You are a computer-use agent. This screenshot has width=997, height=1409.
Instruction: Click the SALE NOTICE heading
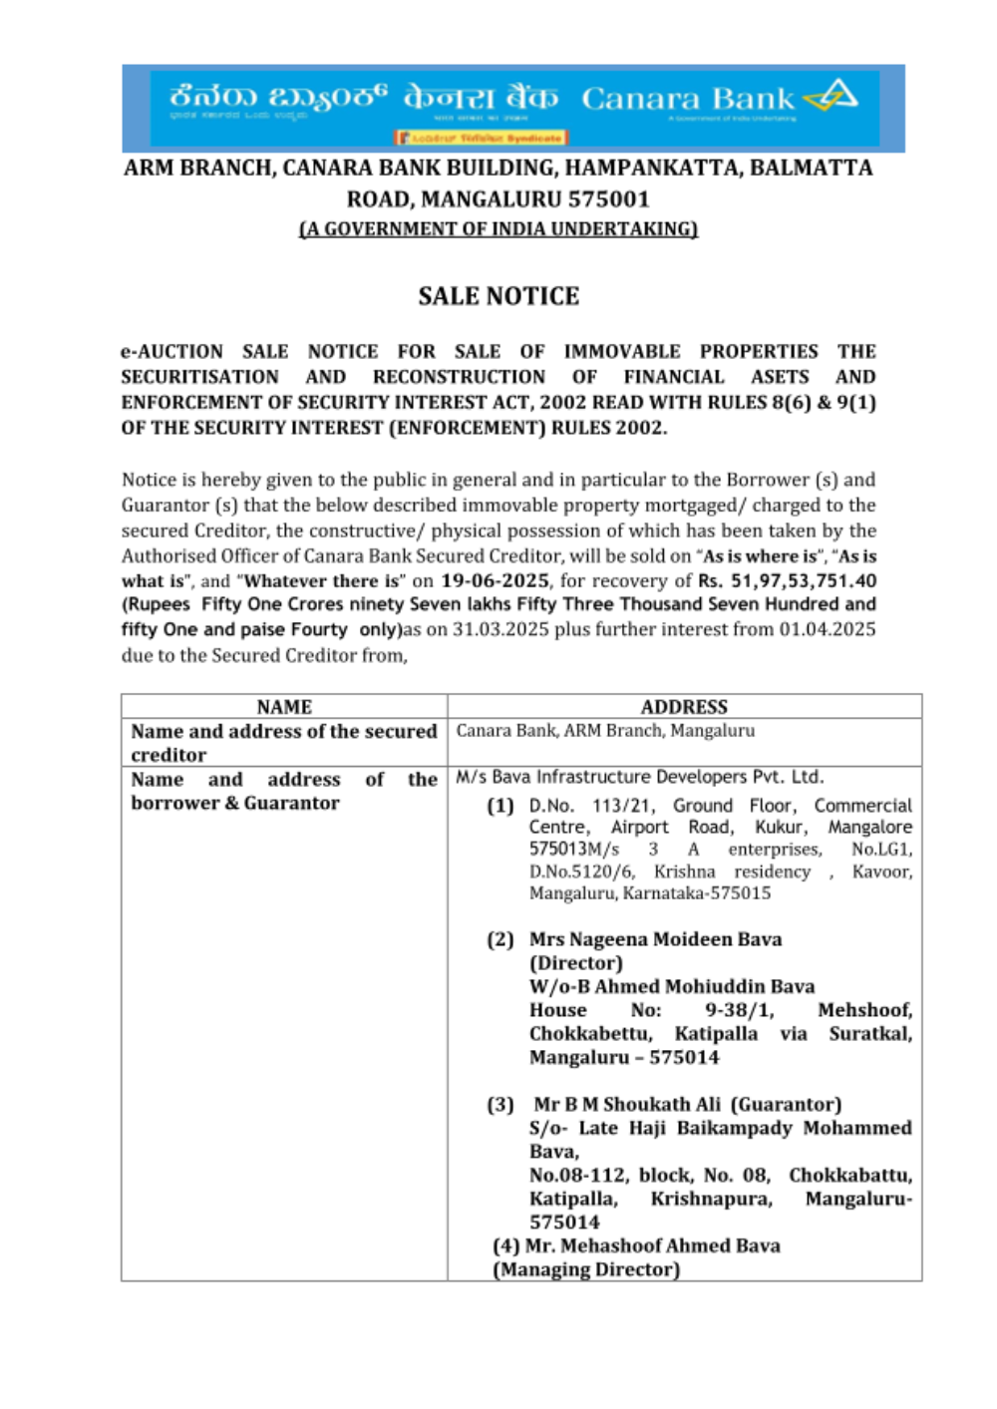(x=498, y=296)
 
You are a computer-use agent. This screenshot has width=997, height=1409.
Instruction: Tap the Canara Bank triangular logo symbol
(x=832, y=96)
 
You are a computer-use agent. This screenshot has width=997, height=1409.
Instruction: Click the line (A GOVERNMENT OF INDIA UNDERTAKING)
(x=498, y=229)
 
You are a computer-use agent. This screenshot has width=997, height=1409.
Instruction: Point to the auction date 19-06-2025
(x=495, y=581)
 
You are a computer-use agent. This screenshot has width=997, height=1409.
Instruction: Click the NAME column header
(x=284, y=707)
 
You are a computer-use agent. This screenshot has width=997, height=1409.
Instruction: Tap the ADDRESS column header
(x=684, y=707)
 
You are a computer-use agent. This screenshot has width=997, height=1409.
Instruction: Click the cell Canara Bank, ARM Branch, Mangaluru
(x=605, y=731)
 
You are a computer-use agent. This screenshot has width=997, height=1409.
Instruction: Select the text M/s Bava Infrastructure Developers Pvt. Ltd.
(x=639, y=777)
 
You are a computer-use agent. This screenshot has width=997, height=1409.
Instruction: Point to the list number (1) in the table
(x=500, y=806)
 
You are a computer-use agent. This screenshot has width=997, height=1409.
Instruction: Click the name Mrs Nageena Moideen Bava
(x=655, y=939)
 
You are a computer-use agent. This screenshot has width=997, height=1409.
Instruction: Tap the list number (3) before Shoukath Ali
(x=500, y=1105)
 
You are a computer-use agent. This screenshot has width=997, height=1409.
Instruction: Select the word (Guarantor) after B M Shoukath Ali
(x=786, y=1105)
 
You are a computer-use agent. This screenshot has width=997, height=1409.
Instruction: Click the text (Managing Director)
(x=586, y=1270)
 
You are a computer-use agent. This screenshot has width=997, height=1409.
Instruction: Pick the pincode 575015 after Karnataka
(x=741, y=893)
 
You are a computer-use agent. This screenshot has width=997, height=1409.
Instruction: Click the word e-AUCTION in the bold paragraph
(x=171, y=352)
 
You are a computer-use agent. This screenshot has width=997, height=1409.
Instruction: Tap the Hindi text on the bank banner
(x=481, y=98)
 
